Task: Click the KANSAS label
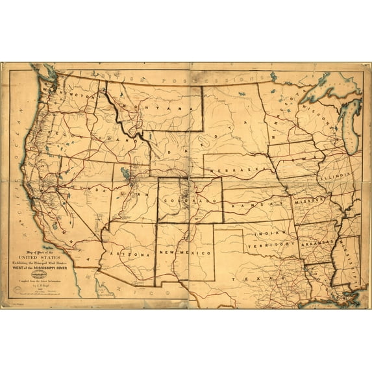click(256, 203)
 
